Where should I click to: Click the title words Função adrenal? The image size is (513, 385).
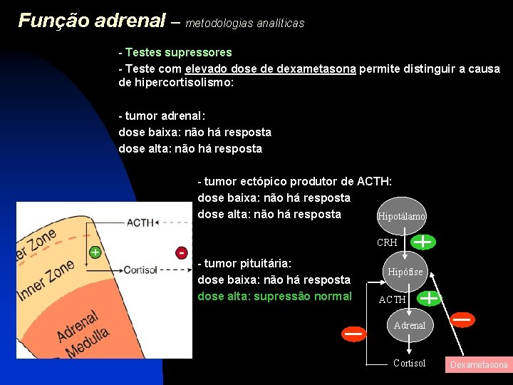tap(91, 21)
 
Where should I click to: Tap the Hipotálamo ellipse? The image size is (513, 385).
tap(401, 216)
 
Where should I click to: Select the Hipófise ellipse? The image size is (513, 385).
tap(405, 272)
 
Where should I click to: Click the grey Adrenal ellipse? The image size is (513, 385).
tap(409, 325)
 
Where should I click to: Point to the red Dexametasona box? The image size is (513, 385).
tap(477, 364)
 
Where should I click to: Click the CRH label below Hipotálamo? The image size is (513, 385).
tap(387, 243)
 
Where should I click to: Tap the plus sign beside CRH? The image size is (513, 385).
tap(423, 242)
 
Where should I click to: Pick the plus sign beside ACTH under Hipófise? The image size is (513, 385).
tap(429, 297)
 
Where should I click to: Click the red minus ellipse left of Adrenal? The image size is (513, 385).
tap(353, 333)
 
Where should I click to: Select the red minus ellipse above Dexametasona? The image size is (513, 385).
tap(462, 319)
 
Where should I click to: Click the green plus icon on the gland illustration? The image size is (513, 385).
tap(94, 252)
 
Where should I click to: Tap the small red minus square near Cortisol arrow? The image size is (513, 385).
tap(182, 252)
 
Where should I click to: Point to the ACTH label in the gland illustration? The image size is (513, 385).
tap(140, 222)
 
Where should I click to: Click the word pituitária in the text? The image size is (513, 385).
tap(267, 263)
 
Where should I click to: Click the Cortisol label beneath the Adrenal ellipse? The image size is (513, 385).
tap(409, 364)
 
